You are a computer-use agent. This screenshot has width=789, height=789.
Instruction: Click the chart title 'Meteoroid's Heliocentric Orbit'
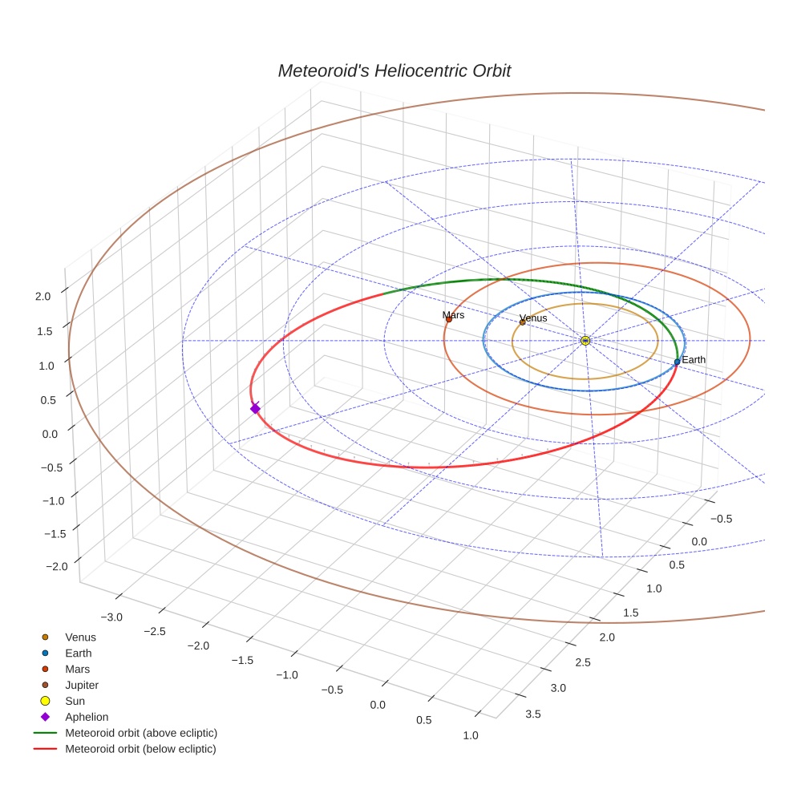pyautogui.click(x=394, y=71)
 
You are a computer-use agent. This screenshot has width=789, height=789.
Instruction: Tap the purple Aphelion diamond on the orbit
pyautogui.click(x=255, y=409)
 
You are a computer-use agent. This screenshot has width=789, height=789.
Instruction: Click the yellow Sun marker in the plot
pyautogui.click(x=585, y=341)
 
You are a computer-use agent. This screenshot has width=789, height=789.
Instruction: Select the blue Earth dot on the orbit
pyautogui.click(x=677, y=362)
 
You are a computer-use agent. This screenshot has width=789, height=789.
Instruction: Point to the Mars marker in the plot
pyautogui.click(x=448, y=320)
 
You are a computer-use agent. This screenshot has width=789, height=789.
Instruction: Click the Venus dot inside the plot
pyautogui.click(x=523, y=322)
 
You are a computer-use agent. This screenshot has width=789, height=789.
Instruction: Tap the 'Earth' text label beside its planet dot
pyautogui.click(x=694, y=360)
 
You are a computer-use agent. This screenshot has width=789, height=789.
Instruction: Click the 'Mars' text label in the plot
pyautogui.click(x=453, y=315)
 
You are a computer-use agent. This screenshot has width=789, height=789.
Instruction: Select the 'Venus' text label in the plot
pyautogui.click(x=533, y=318)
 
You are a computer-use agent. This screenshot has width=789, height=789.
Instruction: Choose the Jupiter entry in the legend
pyautogui.click(x=81, y=685)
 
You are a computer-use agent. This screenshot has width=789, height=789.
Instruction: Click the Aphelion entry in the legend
pyautogui.click(x=86, y=717)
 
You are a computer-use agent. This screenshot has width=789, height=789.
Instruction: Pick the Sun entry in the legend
pyautogui.click(x=75, y=701)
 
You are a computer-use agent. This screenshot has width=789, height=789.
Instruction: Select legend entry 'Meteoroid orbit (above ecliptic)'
pyautogui.click(x=140, y=733)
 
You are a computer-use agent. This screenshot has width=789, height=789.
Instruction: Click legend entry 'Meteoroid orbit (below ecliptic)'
pyautogui.click(x=140, y=749)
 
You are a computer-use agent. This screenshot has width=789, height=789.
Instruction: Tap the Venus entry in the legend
pyautogui.click(x=80, y=637)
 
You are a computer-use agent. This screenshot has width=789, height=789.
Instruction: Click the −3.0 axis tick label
pyautogui.click(x=111, y=617)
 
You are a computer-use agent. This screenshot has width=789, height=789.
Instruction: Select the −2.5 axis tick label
pyautogui.click(x=156, y=631)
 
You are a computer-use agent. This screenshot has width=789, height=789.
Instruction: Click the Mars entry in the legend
pyautogui.click(x=77, y=669)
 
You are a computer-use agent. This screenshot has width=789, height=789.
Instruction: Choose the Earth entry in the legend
pyautogui.click(x=78, y=653)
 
